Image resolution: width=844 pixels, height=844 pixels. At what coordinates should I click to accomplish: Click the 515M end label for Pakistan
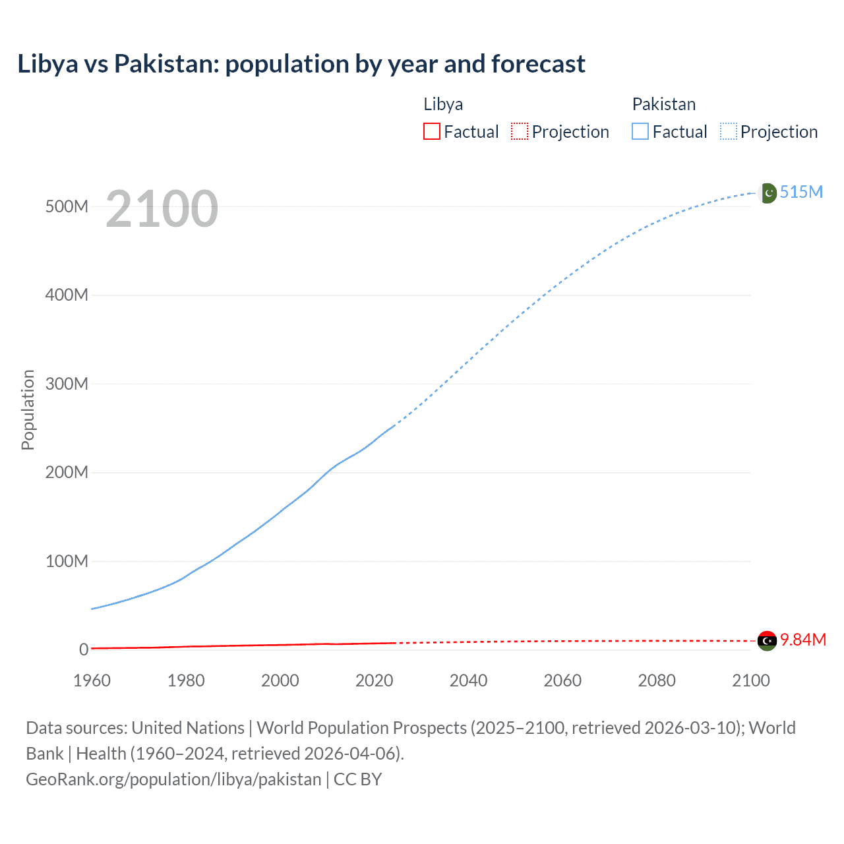801,192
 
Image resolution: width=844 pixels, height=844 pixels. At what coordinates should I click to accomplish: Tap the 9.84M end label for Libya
803,640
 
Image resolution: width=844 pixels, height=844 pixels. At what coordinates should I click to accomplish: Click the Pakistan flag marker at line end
768,193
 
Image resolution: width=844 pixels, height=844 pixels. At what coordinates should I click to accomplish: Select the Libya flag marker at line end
767,640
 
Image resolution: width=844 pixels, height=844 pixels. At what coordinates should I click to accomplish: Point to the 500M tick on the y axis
67,206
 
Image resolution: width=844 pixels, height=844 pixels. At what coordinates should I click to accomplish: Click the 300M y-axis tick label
67,384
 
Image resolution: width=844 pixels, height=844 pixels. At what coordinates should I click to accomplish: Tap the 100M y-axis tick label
67,561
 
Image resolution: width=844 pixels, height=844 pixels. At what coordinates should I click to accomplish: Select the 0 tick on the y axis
84,649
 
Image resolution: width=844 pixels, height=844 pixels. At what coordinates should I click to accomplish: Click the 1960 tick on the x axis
92,680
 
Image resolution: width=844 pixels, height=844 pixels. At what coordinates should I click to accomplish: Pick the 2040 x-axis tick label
468,680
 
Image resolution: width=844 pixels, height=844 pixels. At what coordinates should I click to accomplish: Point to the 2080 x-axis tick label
657,680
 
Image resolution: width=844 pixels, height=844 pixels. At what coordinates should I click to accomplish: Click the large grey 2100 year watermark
162,209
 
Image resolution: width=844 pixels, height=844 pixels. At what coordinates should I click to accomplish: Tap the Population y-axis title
28,409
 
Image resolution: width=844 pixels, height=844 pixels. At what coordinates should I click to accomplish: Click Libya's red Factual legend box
432,131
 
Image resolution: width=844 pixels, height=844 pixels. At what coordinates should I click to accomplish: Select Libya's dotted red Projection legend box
520,131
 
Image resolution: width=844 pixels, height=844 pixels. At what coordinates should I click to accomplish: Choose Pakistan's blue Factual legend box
640,131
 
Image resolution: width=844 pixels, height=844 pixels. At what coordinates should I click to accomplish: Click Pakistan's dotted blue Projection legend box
729,131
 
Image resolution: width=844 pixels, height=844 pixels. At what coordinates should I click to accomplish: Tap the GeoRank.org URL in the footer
173,779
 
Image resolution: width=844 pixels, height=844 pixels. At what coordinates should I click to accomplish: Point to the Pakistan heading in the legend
663,104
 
